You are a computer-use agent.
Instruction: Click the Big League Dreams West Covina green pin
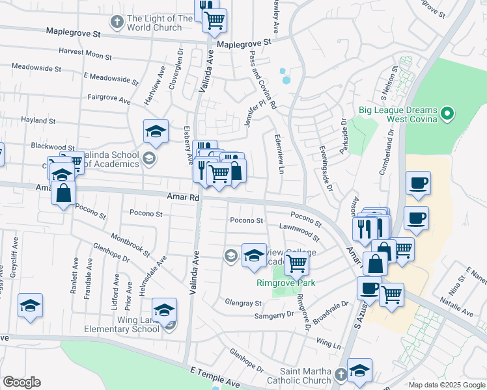[x=447, y=116]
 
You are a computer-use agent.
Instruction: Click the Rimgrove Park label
[x=285, y=283]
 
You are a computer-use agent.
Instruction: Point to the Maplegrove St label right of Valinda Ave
[x=244, y=43]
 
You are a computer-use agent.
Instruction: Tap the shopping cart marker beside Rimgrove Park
[x=297, y=263]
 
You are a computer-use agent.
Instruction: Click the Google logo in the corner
[x=21, y=382]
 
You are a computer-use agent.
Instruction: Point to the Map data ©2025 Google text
[x=447, y=385]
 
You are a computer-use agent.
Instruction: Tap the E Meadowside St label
[x=111, y=79]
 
